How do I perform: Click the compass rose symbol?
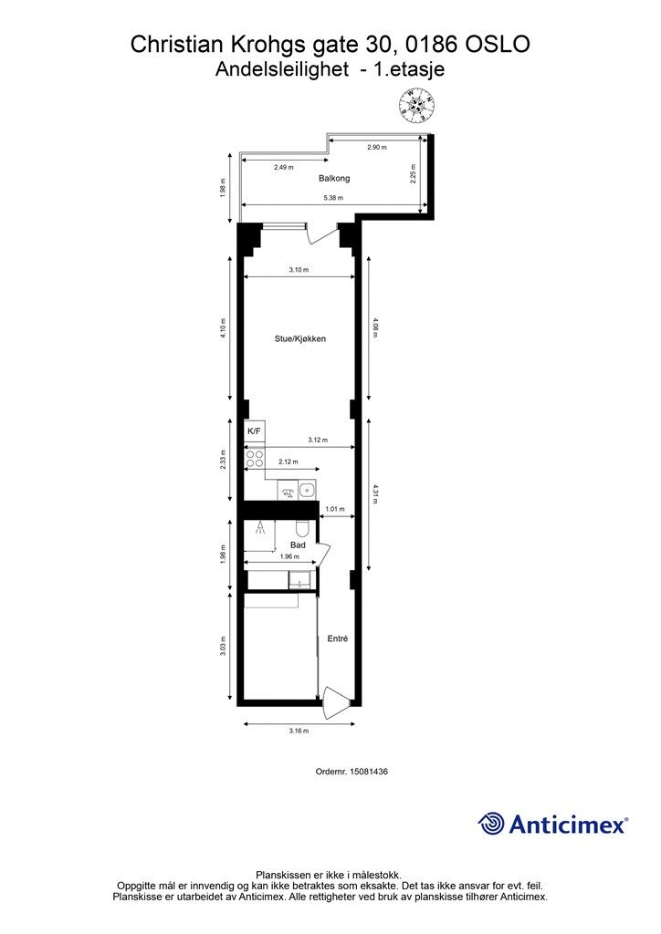point(417,106)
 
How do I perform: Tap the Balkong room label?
point(334,178)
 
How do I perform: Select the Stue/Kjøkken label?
point(299,339)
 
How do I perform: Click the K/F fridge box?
point(254,431)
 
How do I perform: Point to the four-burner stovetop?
point(255,458)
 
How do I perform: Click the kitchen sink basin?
point(307,491)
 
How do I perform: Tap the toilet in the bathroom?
point(301,528)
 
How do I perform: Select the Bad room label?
point(298,545)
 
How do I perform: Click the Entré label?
point(338,638)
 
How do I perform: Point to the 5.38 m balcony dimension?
point(333,198)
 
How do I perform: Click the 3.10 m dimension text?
point(299,270)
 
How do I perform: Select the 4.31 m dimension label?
point(375,493)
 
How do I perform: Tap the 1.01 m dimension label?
point(335,509)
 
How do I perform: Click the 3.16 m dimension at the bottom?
point(299,731)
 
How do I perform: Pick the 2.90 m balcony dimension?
point(377,147)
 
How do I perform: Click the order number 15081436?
point(368,772)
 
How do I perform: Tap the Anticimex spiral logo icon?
point(491,824)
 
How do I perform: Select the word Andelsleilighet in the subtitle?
point(282,69)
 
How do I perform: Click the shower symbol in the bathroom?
point(260,528)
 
